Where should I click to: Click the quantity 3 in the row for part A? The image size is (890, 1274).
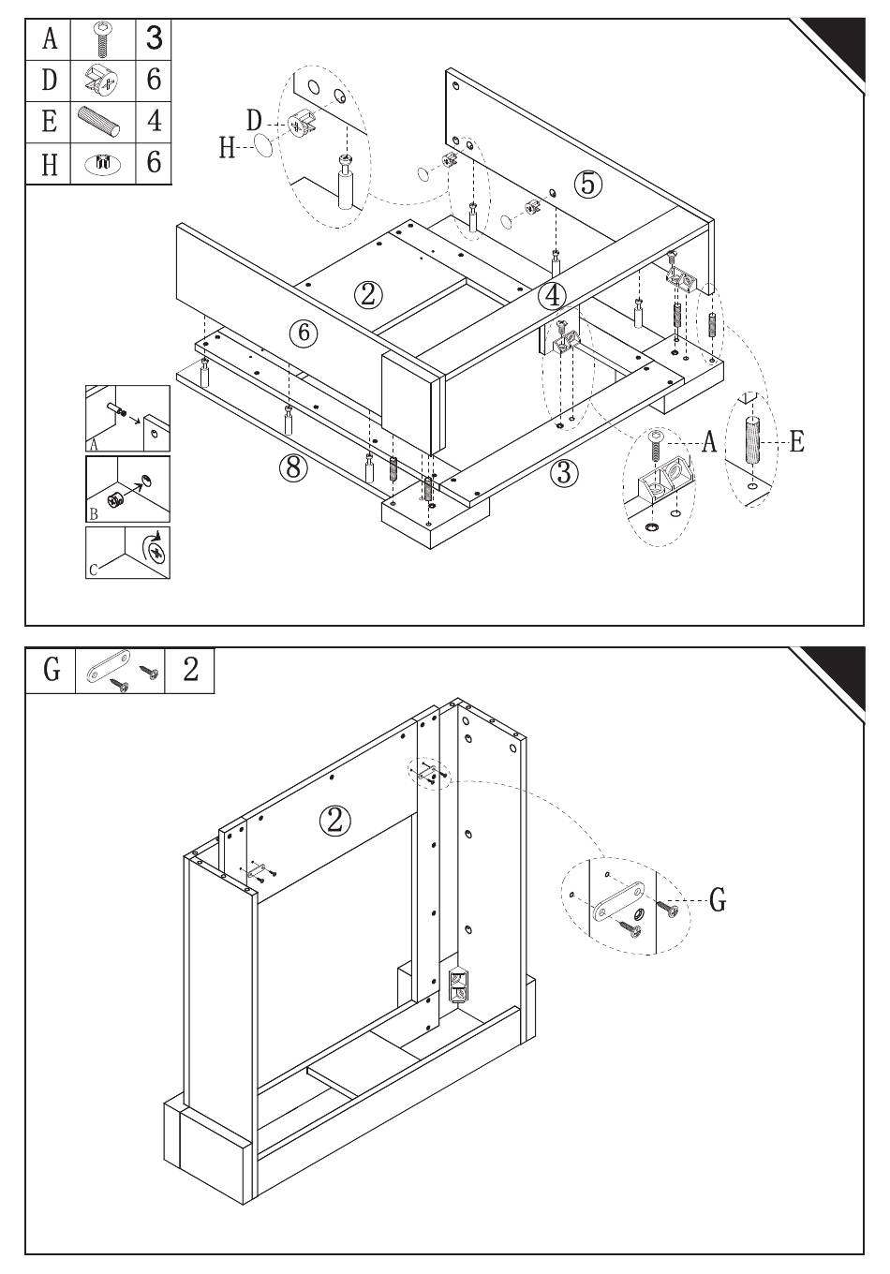pyautogui.click(x=155, y=38)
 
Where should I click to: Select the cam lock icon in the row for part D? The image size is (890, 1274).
pyautogui.click(x=102, y=81)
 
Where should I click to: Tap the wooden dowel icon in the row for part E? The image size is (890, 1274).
pyautogui.click(x=99, y=121)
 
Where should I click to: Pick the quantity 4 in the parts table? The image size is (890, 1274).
pyautogui.click(x=155, y=121)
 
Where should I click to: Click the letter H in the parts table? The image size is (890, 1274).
pyautogui.click(x=50, y=163)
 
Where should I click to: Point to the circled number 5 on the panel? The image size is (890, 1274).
pyautogui.click(x=587, y=184)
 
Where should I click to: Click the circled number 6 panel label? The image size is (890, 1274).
pyautogui.click(x=304, y=333)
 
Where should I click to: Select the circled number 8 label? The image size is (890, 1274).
pyautogui.click(x=293, y=467)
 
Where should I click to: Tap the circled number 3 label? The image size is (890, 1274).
pyautogui.click(x=564, y=472)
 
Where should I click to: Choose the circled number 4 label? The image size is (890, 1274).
pyautogui.click(x=552, y=296)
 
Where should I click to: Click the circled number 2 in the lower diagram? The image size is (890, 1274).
pyautogui.click(x=335, y=821)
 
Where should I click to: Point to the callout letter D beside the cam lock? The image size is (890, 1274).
pyautogui.click(x=254, y=121)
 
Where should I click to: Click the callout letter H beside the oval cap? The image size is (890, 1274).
pyautogui.click(x=227, y=148)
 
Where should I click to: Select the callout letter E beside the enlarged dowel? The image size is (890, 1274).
pyautogui.click(x=796, y=441)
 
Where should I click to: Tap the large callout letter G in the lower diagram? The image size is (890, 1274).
pyautogui.click(x=718, y=899)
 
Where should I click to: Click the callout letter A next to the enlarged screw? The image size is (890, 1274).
pyautogui.click(x=709, y=442)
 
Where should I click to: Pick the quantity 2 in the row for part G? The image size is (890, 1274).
pyautogui.click(x=190, y=669)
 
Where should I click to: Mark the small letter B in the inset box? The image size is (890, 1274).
pyautogui.click(x=94, y=514)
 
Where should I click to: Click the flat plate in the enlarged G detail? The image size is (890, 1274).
pyautogui.click(x=619, y=901)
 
